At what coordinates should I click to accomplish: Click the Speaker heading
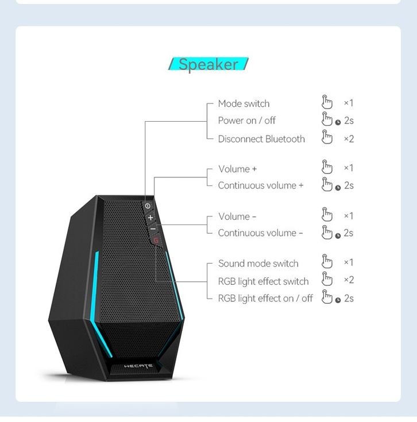click(x=208, y=64)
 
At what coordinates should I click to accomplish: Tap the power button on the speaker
click(x=148, y=206)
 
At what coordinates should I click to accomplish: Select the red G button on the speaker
click(x=156, y=240)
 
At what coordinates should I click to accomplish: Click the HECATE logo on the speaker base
click(x=138, y=366)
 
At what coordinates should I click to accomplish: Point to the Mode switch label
click(x=244, y=103)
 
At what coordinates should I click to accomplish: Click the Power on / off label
click(x=246, y=121)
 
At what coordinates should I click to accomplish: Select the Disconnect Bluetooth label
click(x=261, y=139)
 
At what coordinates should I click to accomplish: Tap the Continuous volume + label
click(x=261, y=185)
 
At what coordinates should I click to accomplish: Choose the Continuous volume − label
click(x=260, y=233)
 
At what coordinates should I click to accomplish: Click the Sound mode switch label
click(x=258, y=264)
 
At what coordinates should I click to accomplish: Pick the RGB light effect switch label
click(x=263, y=281)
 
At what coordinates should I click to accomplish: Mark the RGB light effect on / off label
click(x=265, y=299)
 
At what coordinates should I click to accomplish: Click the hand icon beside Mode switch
click(x=327, y=102)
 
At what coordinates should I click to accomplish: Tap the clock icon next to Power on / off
click(x=338, y=122)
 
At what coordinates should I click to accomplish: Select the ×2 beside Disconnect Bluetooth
click(x=349, y=139)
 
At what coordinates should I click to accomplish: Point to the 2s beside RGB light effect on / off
click(x=349, y=299)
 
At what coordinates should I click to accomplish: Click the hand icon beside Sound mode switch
click(x=327, y=261)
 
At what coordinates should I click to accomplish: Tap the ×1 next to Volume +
click(x=348, y=168)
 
